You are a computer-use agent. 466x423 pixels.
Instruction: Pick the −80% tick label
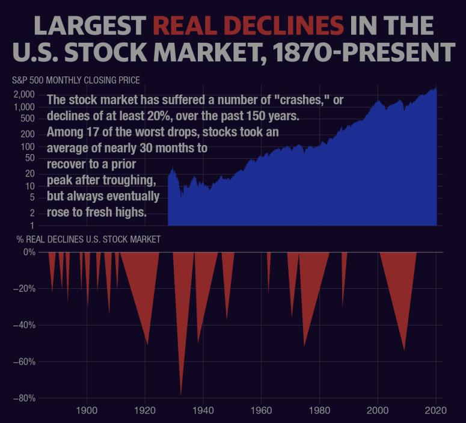[x=23, y=398]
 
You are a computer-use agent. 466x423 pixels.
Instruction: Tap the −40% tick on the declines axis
[x=23, y=326]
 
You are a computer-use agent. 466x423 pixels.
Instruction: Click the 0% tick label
[x=29, y=252]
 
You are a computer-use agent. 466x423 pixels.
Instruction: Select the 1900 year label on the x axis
[x=87, y=411]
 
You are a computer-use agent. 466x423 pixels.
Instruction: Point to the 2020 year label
[x=435, y=411]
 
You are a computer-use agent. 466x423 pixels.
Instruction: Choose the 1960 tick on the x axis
[x=261, y=411]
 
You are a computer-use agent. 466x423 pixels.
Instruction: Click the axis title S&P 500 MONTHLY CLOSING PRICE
[x=76, y=80]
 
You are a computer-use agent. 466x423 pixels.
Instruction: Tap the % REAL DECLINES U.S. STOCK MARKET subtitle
[x=86, y=239]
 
